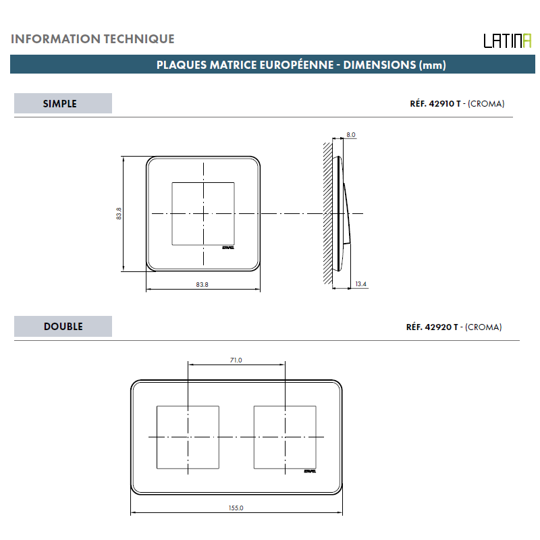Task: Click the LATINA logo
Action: (508, 41)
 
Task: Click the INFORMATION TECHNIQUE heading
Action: (92, 39)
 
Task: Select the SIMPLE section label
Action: (60, 104)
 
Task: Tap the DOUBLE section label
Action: (63, 327)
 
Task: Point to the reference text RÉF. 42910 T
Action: (435, 104)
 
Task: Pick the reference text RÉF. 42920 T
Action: (432, 327)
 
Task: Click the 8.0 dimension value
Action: (351, 134)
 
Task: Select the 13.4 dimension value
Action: (361, 284)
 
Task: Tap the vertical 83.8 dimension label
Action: (119, 213)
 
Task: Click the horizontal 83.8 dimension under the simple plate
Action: (202, 284)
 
